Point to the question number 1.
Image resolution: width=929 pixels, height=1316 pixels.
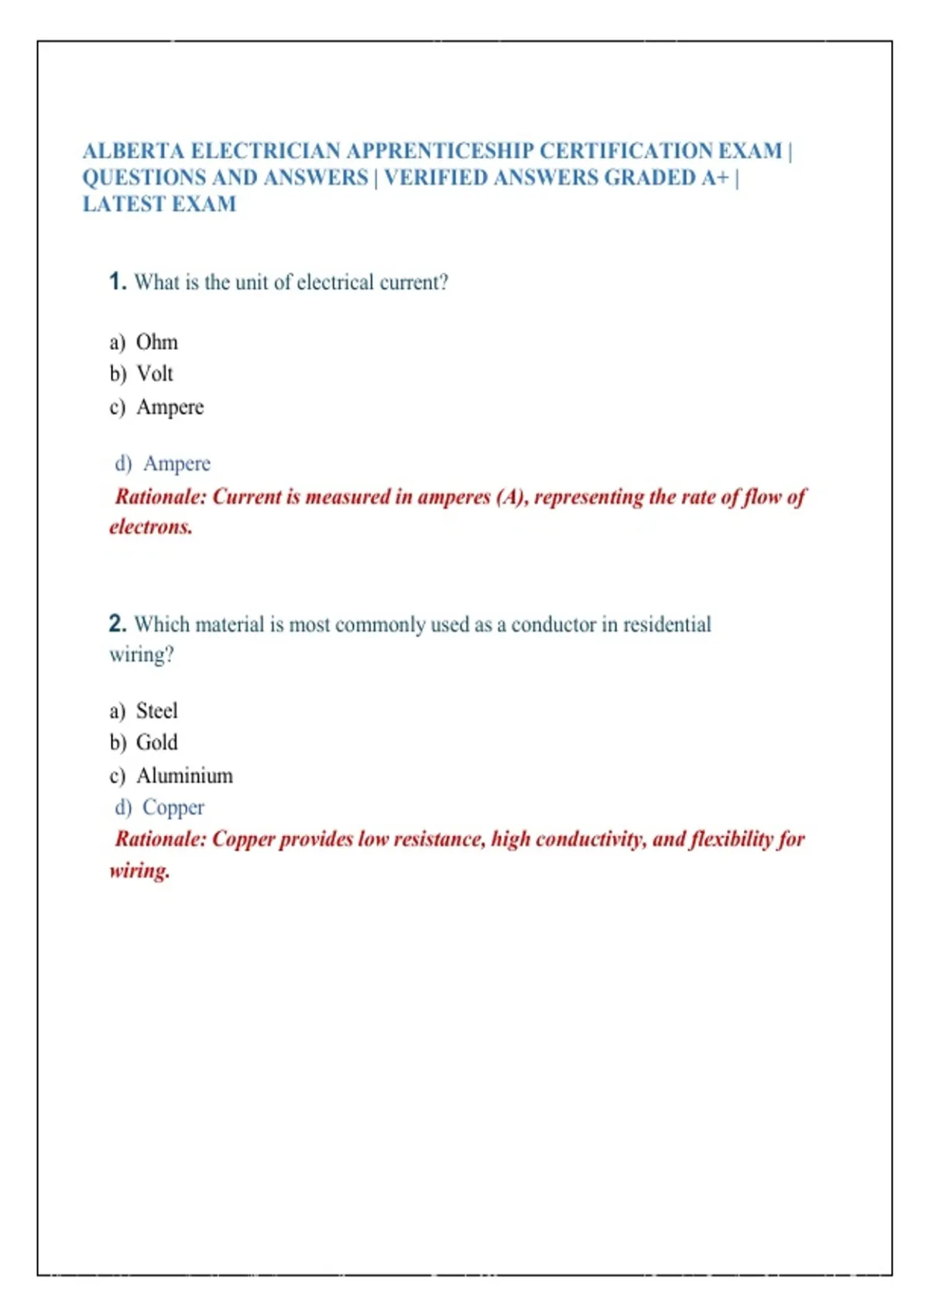(x=117, y=282)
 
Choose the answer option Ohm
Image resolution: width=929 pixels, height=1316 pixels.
(x=157, y=342)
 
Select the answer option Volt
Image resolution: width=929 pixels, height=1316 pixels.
(x=155, y=374)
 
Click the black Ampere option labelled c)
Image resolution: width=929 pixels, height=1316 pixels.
(x=170, y=407)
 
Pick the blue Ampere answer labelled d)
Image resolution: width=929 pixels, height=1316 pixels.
(x=177, y=464)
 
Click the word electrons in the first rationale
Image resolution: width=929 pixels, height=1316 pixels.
(x=150, y=527)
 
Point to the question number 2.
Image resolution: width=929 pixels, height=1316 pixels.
(x=117, y=624)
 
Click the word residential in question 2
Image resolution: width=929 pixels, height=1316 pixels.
(x=667, y=624)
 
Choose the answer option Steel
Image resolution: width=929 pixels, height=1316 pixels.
(x=157, y=711)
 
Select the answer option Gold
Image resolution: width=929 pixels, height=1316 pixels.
(x=157, y=742)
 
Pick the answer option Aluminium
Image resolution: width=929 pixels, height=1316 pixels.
(x=185, y=776)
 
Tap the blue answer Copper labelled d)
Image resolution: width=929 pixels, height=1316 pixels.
(x=173, y=807)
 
